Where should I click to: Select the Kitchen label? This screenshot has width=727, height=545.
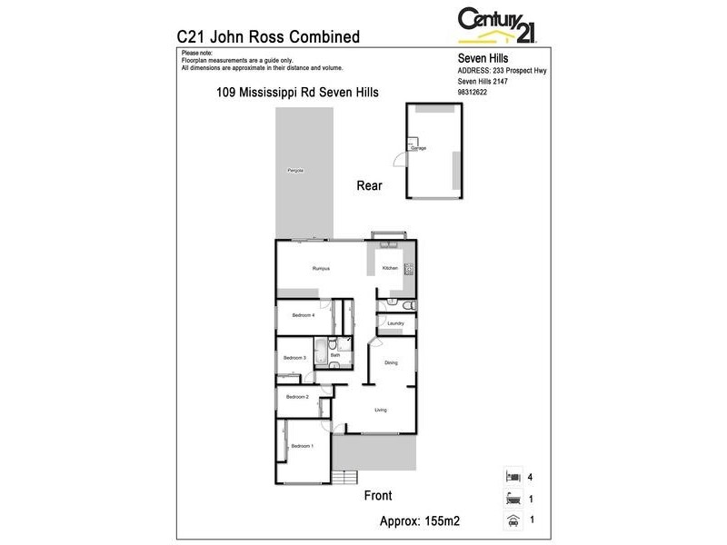coord(390,269)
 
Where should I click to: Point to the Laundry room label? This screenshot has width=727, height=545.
coord(395,323)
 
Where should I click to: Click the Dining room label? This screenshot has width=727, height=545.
coord(391,363)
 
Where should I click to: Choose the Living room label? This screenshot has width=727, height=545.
coord(381,410)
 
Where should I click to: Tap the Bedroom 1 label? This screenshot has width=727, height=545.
coord(302,446)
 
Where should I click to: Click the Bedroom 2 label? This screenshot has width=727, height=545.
coord(298,397)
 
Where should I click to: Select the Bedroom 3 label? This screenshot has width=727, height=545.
coord(294,358)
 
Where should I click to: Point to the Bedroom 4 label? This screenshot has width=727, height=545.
coord(304,315)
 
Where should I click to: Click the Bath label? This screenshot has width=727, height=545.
coord(334,355)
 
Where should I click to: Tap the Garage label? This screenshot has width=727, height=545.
coord(420,147)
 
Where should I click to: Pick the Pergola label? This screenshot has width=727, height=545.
coord(294,171)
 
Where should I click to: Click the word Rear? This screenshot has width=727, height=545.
coord(369,185)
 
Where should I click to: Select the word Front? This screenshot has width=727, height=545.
coord(377,496)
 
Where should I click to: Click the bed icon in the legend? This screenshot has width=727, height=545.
coord(513,476)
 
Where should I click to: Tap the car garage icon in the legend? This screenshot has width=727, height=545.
coord(513,521)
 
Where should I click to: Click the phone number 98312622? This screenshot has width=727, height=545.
coord(472,92)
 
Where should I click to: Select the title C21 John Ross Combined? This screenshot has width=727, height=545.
coord(268,37)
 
